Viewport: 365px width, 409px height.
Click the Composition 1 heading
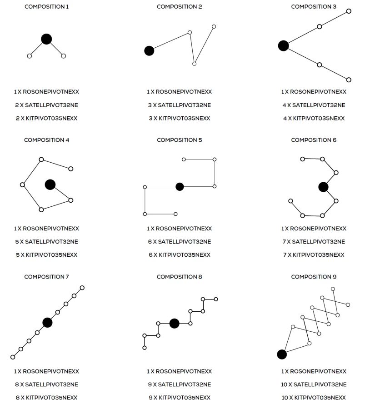(47, 7)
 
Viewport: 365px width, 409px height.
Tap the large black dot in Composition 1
(46, 39)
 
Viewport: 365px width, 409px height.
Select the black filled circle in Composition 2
(149, 50)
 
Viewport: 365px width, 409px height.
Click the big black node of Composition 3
(283, 45)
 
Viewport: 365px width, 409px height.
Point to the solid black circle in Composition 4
(50, 185)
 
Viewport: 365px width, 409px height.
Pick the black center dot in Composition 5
(180, 187)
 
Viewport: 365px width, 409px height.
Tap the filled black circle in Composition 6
(323, 187)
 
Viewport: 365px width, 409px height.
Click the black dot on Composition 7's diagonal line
(47, 323)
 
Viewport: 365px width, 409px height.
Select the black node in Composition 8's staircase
(174, 324)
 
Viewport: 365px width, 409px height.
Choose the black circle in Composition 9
(282, 354)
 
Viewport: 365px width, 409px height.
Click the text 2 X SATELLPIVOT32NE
(46, 105)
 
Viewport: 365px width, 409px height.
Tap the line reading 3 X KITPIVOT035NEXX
(180, 119)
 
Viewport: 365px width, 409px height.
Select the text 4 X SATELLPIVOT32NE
(314, 105)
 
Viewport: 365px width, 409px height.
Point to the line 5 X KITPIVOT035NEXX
(47, 255)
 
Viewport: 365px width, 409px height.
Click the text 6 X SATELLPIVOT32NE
(180, 242)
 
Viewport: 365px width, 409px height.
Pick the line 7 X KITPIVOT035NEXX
(314, 255)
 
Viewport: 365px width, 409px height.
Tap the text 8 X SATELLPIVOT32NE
(46, 384)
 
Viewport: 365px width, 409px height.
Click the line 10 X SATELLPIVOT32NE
(314, 384)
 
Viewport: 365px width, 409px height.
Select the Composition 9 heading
(314, 277)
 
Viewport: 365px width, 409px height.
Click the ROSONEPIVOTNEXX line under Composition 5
(180, 229)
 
